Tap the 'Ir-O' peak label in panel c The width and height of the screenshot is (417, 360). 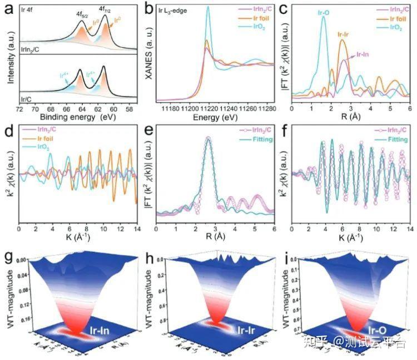[322, 10]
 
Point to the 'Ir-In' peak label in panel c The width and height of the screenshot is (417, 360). [361, 54]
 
